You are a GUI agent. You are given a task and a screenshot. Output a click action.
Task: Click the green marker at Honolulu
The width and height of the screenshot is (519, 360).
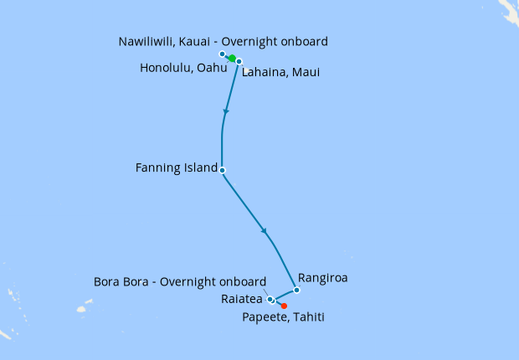click(231, 58)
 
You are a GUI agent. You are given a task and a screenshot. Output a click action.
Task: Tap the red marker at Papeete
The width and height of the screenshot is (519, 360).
click(285, 306)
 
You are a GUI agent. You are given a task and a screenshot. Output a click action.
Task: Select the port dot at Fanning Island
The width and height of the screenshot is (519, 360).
click(222, 170)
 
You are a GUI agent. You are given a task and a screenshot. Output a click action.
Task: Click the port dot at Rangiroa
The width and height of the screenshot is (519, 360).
click(296, 291)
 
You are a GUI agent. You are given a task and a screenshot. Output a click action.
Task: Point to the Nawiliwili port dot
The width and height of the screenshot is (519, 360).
click(222, 54)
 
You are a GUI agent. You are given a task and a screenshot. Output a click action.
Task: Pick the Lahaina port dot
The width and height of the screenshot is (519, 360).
click(239, 62)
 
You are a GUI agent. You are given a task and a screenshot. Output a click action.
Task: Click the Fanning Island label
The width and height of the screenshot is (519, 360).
click(175, 168)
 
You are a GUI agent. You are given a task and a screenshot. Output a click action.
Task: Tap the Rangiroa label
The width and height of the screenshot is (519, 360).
click(322, 276)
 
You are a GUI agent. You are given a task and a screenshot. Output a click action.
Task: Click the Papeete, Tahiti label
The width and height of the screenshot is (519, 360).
click(283, 317)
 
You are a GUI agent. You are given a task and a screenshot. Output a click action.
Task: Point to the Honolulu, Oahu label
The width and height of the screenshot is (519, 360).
click(183, 68)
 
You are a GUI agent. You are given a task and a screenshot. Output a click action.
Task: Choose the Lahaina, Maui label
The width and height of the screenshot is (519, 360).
click(280, 73)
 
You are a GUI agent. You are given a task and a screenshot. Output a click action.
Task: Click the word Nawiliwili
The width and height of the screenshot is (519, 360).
click(148, 41)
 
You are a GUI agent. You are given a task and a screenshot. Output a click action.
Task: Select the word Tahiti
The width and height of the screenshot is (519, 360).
click(306, 317)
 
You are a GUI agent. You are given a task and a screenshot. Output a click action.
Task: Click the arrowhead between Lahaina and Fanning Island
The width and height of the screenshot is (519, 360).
click(225, 111)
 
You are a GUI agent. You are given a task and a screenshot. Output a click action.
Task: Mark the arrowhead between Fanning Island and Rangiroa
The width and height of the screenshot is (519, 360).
click(265, 231)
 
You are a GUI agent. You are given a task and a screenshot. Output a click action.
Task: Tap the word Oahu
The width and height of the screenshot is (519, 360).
click(213, 68)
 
